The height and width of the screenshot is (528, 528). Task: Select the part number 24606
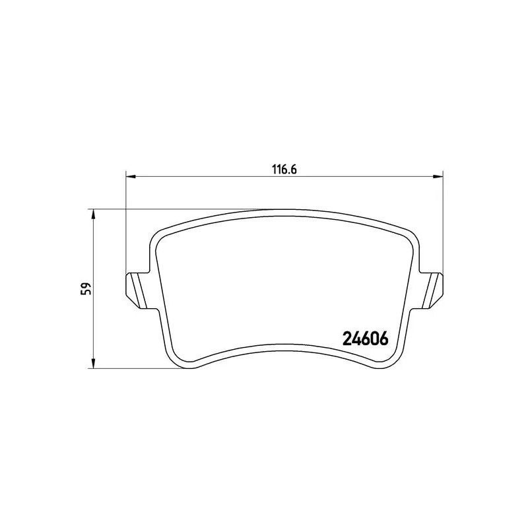[365, 337]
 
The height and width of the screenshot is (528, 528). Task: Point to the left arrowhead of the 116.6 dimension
[130, 176]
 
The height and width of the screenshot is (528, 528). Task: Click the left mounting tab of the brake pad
[136, 288]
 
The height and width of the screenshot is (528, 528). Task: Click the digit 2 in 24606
[347, 337]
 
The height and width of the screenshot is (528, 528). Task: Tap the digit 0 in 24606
[374, 337]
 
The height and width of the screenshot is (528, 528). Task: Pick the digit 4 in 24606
[356, 337]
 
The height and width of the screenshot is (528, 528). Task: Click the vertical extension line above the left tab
[125, 224]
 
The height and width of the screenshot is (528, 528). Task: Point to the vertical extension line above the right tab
[442, 224]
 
